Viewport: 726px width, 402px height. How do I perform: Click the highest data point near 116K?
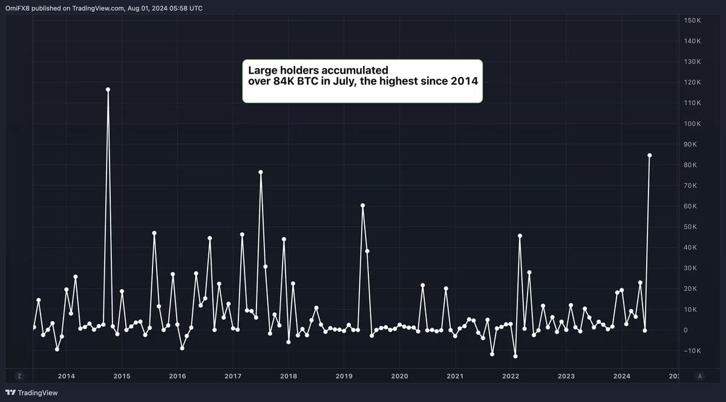108,89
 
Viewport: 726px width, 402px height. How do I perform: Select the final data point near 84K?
650,155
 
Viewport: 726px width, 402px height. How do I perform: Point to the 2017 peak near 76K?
261,172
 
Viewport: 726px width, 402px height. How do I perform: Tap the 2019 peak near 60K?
362,206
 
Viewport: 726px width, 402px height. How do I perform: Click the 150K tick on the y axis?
692,21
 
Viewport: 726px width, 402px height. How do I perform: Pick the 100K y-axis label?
692,124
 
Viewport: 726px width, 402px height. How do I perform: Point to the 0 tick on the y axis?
685,330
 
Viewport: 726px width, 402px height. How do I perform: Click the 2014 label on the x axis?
67,376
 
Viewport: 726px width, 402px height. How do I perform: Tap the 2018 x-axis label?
289,376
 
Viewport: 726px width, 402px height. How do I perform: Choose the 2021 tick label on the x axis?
455,376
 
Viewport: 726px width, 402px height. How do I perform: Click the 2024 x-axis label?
622,376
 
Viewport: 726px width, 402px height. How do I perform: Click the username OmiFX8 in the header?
18,8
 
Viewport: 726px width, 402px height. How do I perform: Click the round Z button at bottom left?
19,376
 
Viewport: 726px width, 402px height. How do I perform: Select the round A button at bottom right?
700,376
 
